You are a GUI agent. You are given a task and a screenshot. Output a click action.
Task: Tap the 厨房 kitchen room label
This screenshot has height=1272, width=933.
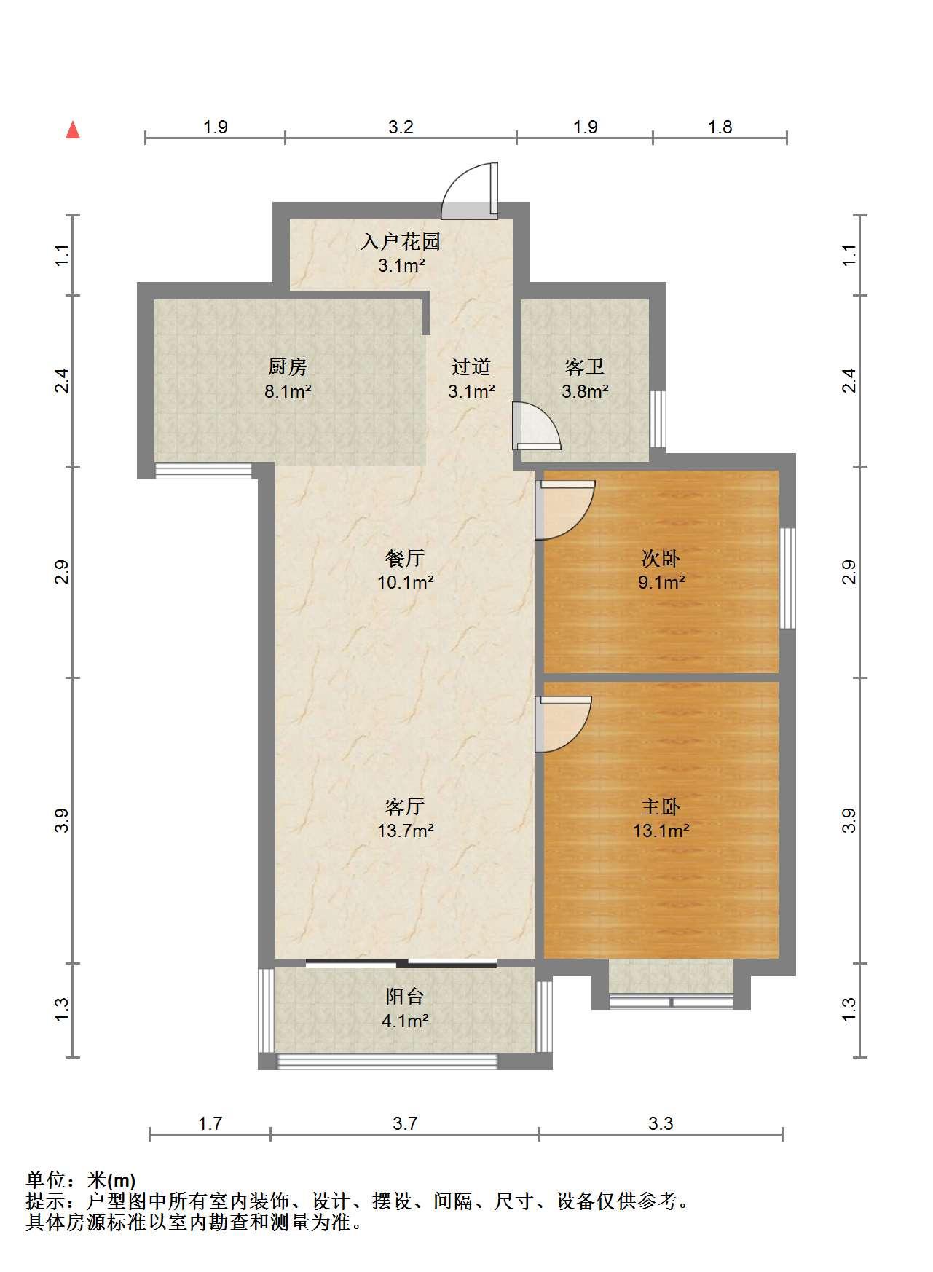tap(288, 366)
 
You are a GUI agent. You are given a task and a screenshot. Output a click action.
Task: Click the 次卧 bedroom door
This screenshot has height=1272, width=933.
tap(565, 509)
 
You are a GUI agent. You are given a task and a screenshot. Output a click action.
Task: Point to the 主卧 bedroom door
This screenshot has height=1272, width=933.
tap(563, 724)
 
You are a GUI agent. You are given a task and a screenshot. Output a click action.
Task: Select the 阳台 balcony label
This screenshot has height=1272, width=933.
tap(405, 996)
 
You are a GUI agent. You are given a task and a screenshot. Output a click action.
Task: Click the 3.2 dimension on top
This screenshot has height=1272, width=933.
tap(401, 127)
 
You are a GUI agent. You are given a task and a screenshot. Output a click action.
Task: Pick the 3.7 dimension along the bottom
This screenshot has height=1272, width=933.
tap(405, 1123)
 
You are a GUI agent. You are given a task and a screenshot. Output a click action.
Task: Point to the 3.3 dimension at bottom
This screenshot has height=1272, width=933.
tap(661, 1123)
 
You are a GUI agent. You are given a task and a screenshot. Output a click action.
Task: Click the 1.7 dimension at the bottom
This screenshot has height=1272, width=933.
tap(210, 1123)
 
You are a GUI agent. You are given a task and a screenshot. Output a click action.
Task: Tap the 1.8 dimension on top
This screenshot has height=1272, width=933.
tap(720, 127)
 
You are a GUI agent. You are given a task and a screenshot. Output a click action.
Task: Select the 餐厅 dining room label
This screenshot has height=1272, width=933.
tap(405, 558)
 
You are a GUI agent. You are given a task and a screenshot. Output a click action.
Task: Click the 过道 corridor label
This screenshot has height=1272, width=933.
tap(471, 366)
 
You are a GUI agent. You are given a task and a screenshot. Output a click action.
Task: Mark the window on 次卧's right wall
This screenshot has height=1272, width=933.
tap(787, 578)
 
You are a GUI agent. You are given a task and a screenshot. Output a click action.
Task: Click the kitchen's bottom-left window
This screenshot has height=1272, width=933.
tap(203, 471)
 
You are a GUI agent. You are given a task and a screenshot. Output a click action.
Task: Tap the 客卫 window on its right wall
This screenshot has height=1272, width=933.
tap(658, 420)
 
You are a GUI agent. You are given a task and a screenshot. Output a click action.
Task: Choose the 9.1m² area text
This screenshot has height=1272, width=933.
tap(661, 582)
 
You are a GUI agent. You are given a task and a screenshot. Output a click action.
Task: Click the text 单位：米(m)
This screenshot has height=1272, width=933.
tap(80, 1179)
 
